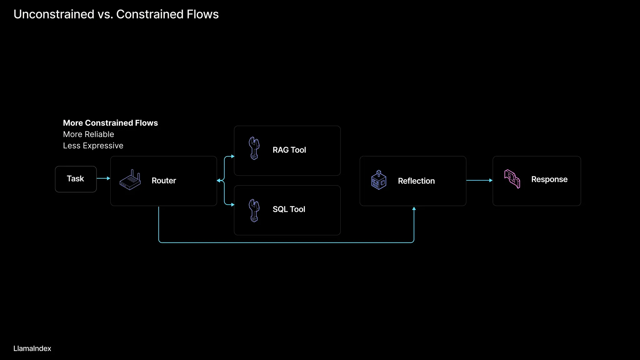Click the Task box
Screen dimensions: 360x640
[x=76, y=179]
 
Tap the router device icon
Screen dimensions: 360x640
[x=130, y=180]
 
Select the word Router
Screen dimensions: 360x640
[x=164, y=181]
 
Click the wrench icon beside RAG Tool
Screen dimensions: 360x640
[x=254, y=148]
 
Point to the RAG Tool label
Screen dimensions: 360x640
[x=289, y=150]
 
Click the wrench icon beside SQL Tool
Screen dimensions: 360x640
[x=254, y=211]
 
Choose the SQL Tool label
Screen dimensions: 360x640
[x=289, y=209]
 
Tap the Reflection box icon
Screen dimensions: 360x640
[x=379, y=180]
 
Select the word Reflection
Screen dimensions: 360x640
[x=416, y=181]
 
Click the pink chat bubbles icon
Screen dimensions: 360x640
[x=512, y=179]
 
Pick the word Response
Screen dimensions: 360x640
[x=549, y=179]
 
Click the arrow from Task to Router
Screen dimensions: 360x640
[x=103, y=178]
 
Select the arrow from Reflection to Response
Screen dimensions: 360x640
[x=479, y=180]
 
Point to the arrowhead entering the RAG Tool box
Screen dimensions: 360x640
[x=232, y=156]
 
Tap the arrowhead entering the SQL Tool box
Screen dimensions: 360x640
[x=232, y=205]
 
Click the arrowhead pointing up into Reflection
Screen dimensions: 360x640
[x=414, y=209]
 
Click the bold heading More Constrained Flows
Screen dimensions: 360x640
[x=110, y=123]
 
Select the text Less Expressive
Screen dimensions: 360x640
[x=93, y=146]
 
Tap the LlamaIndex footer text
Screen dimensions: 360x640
[x=32, y=348]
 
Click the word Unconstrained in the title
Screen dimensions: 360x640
[x=54, y=14]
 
